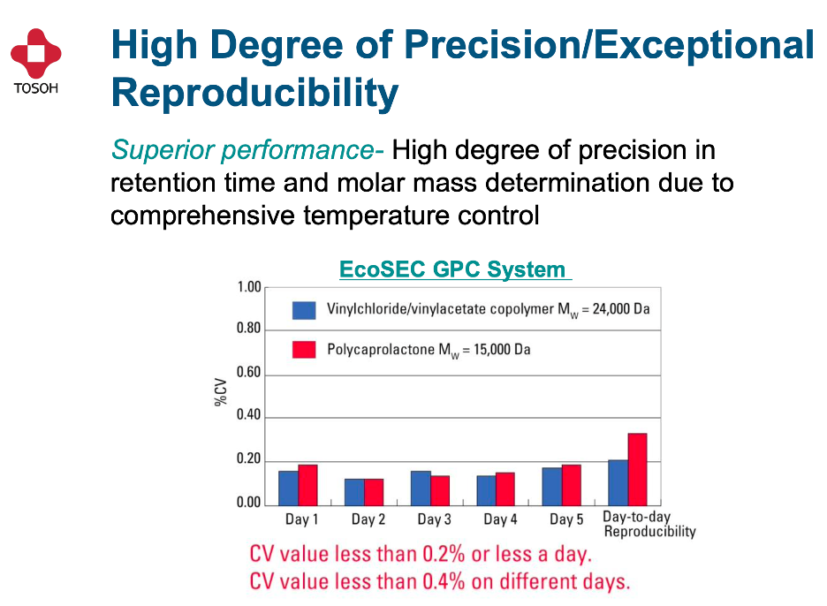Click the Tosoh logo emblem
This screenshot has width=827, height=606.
pos(36,54)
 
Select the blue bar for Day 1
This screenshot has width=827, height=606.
pos(288,487)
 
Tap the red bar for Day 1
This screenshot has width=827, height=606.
pos(307,484)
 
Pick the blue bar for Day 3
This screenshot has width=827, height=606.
pos(421,487)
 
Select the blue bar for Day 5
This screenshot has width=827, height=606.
pos(552,485)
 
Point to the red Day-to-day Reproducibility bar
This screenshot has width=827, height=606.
pos(637,468)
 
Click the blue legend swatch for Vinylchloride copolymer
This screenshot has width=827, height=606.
pos(304,310)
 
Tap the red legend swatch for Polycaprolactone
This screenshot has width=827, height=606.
pos(304,350)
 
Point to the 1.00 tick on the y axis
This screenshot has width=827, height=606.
pos(250,287)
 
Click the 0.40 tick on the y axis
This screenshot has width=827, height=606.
pos(250,416)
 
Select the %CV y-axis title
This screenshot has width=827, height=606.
pos(219,392)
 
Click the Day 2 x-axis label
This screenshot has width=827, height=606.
pos(368,519)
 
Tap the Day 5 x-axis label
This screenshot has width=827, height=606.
pos(566,519)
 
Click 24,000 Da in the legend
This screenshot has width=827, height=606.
pos(611,310)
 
